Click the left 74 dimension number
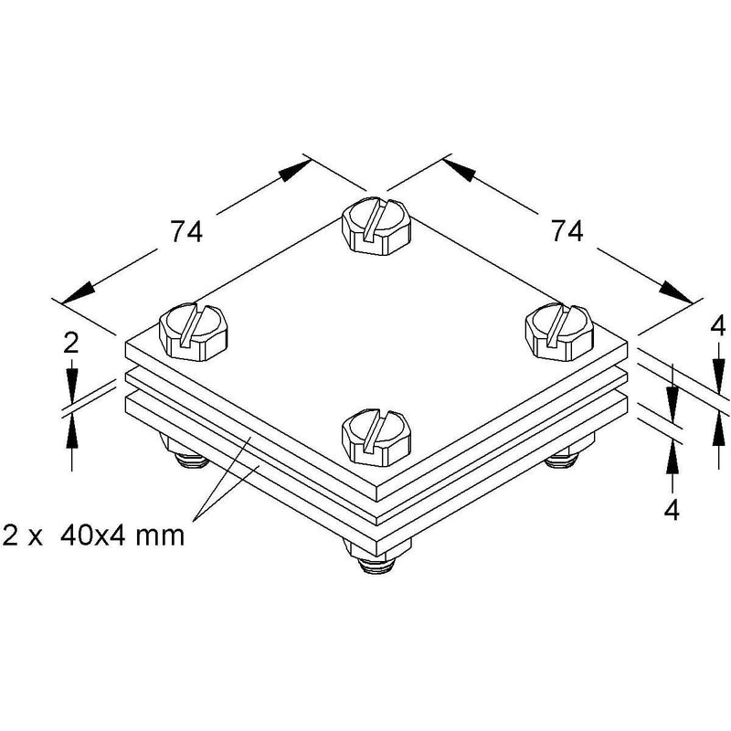[186, 231]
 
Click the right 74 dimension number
[567, 231]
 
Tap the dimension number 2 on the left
[71, 344]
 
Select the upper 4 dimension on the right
[718, 326]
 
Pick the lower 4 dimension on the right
[672, 511]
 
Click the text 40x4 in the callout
[92, 535]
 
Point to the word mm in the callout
[160, 537]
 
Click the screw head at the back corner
[376, 227]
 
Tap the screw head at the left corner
[194, 332]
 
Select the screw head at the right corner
[559, 332]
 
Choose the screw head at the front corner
[376, 437]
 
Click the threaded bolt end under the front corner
[376, 566]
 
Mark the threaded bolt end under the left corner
[191, 461]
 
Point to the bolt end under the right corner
[562, 461]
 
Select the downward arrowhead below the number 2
[71, 386]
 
